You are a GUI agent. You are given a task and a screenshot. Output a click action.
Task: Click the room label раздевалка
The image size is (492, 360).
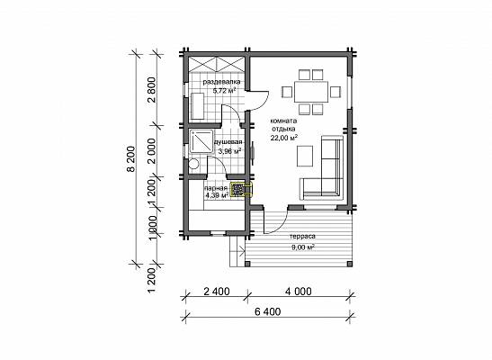[222, 82]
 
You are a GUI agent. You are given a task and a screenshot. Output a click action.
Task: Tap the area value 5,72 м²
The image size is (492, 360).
[224, 91]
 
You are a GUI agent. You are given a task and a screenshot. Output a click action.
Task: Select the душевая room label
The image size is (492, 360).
[228, 142]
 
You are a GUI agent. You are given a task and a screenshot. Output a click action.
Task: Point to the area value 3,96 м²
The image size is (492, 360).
[229, 151]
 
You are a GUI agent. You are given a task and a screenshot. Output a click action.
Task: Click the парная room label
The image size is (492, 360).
[216, 188]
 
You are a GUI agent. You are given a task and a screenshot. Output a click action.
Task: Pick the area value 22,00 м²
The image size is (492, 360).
[284, 137]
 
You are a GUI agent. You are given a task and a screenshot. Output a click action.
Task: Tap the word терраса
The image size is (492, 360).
[302, 237]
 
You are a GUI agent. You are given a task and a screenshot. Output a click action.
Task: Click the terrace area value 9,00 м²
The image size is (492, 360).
[303, 247]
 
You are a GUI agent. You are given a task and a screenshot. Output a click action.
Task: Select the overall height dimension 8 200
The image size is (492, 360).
[131, 159]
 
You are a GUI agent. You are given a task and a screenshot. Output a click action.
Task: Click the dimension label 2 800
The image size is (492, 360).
[152, 90]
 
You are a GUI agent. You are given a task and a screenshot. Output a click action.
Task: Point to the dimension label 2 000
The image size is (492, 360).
[152, 151]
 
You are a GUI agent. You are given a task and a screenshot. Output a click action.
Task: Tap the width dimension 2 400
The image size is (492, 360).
[217, 292]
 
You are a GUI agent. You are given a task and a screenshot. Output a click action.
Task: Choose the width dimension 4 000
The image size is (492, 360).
[299, 292]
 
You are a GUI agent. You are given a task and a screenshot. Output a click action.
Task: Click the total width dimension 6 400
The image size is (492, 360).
[268, 311]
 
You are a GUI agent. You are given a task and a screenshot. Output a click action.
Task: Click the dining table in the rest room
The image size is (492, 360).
[311, 92]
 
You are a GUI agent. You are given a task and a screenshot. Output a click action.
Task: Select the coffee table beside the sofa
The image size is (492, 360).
[305, 156]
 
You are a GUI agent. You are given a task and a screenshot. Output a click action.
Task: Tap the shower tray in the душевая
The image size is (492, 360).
[201, 141]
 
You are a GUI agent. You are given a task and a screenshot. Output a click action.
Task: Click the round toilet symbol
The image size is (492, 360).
[193, 165]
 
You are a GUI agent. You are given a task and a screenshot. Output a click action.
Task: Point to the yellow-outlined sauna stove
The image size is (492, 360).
[241, 190]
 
